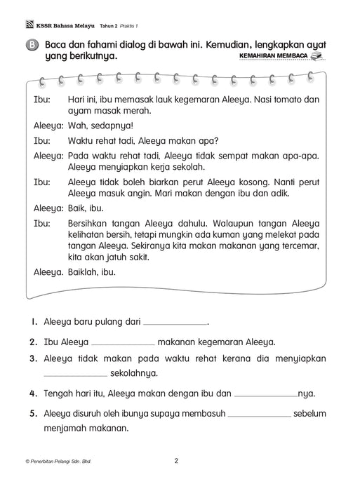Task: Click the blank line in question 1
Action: (175, 323)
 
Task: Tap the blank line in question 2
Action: (123, 343)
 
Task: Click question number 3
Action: (32, 358)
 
